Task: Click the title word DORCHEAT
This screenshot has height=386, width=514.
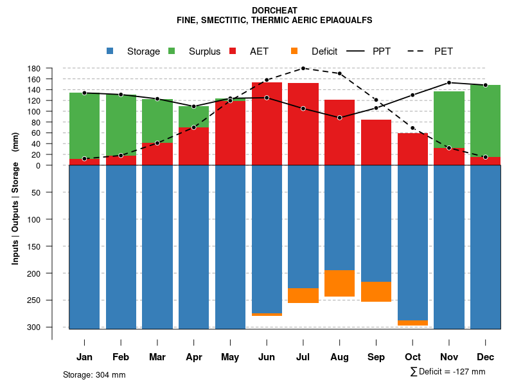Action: click(274, 11)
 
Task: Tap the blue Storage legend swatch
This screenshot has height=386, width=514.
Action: click(110, 51)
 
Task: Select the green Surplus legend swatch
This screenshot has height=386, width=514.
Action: click(172, 51)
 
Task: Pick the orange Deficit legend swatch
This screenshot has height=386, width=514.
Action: click(294, 51)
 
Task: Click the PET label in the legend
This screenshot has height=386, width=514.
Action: click(443, 51)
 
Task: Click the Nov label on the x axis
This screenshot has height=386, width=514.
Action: click(449, 357)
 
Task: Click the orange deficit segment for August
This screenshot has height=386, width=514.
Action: click(339, 283)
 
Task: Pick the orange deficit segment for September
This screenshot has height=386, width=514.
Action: click(376, 291)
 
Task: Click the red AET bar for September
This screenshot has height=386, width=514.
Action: click(376, 142)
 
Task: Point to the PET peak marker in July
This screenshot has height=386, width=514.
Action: click(303, 68)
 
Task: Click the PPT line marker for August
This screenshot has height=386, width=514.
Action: click(339, 118)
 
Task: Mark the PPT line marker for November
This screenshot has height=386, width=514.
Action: click(449, 82)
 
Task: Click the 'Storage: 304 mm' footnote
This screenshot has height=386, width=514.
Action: click(94, 374)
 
